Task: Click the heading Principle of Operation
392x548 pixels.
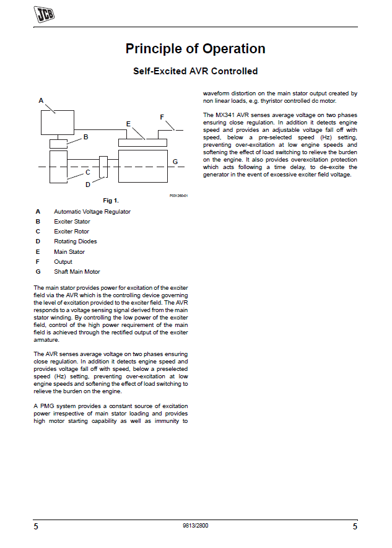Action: coord(195,49)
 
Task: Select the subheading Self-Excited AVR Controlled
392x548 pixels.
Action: coord(195,71)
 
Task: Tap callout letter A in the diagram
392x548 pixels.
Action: coord(41,100)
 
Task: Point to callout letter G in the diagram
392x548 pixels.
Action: coord(175,162)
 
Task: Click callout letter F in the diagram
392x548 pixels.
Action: coord(162,116)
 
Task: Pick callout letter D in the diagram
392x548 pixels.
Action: coord(88,184)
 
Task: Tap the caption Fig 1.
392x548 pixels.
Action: coord(111,200)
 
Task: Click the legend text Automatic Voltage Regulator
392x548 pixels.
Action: coord(92,212)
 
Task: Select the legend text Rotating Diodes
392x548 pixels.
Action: coord(76,241)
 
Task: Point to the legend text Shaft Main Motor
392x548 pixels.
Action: coord(77,272)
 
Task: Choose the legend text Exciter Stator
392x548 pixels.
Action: coord(72,222)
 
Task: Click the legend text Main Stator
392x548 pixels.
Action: coord(69,252)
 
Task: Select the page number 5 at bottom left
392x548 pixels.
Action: coord(36,527)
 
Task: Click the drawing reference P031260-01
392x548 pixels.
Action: coord(178,195)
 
